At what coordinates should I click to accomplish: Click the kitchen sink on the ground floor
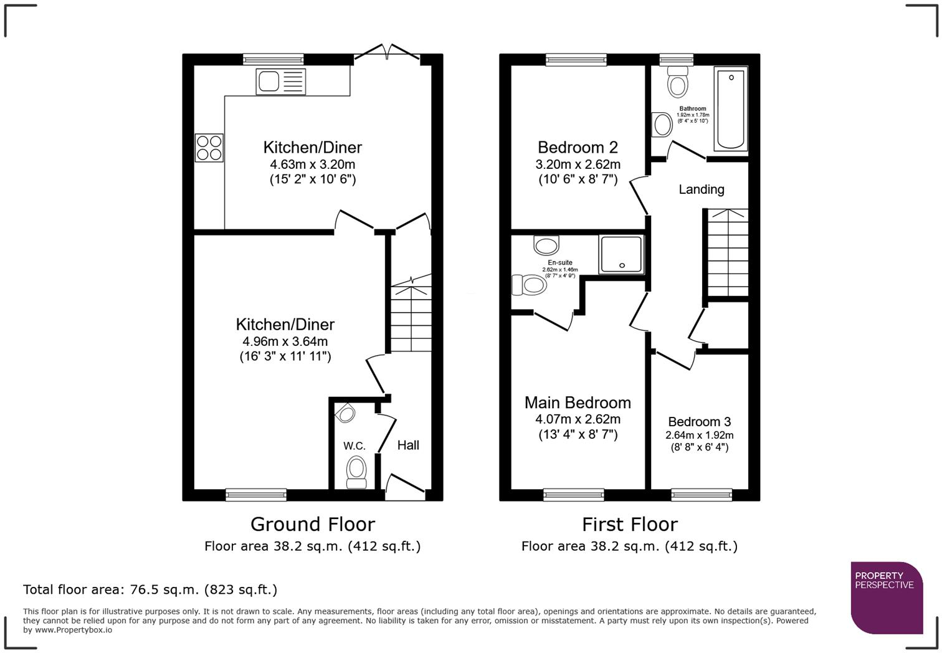(x=280, y=82)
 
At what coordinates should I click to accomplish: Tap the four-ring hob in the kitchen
(x=209, y=148)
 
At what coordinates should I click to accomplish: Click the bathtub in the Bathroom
(x=731, y=109)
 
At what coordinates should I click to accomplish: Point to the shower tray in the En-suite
(x=621, y=254)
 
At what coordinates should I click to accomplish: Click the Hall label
(x=408, y=445)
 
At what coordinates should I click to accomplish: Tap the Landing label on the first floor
(x=701, y=189)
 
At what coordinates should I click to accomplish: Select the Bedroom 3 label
(x=699, y=422)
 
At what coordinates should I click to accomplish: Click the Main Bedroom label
(x=578, y=403)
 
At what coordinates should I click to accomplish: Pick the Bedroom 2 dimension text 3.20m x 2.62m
(x=578, y=164)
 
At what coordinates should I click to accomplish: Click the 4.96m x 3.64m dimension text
(x=285, y=341)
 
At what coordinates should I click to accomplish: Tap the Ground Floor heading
(x=312, y=524)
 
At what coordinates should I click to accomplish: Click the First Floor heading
(x=629, y=524)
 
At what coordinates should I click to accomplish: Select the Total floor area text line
(x=150, y=589)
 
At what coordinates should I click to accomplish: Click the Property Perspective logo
(x=886, y=598)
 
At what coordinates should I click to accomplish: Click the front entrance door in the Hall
(x=405, y=487)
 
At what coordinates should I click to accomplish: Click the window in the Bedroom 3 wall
(x=701, y=495)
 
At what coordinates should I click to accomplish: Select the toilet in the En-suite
(x=530, y=285)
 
